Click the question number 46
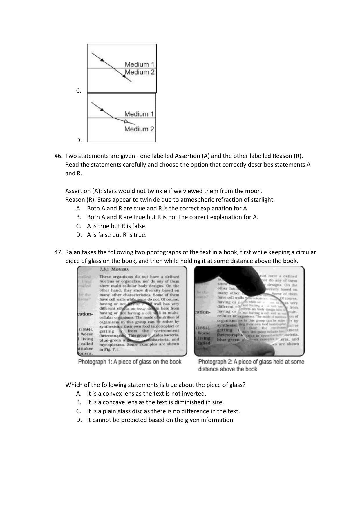coord(58,156)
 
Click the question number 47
coord(58,252)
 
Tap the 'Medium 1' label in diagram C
coord(140,64)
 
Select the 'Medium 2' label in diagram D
coord(139,129)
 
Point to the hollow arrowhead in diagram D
coord(126,121)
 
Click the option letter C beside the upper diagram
coord(79,91)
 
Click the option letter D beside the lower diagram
coord(79,140)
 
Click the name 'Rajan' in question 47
coord(73,252)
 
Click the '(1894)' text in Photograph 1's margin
coord(86,329)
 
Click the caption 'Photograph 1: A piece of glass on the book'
coord(130,362)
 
